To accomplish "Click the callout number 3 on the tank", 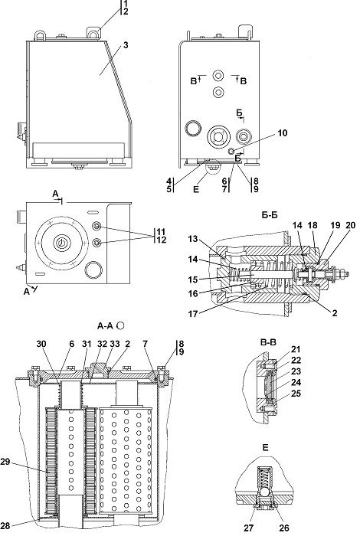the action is (126, 45).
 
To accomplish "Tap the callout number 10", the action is (282, 133).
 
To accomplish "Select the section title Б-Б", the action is (270, 215).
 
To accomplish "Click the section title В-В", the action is (268, 342).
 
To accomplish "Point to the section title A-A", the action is (105, 326).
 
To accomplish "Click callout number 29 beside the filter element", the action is (5, 462).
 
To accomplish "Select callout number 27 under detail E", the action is (249, 528).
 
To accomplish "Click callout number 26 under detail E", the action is (283, 528).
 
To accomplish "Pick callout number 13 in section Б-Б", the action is (193, 239).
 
